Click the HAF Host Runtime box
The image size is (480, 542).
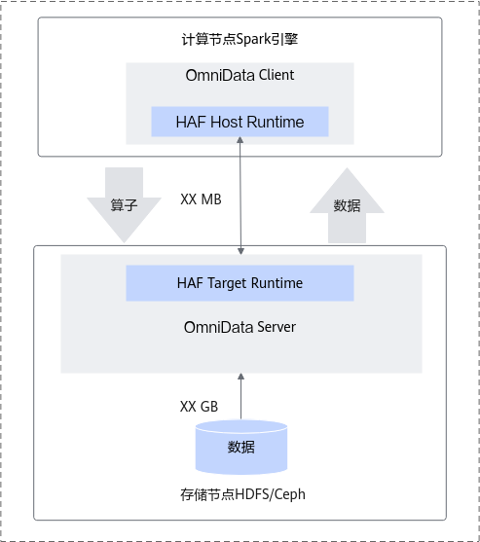pyautogui.click(x=240, y=122)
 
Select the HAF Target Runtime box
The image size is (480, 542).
pyautogui.click(x=240, y=283)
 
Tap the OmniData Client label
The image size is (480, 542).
pyautogui.click(x=240, y=75)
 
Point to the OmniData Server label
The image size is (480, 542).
pyautogui.click(x=240, y=327)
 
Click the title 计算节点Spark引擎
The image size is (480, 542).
pyautogui.click(x=240, y=39)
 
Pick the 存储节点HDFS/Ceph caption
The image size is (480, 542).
pyautogui.click(x=242, y=494)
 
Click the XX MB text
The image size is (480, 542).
pyautogui.click(x=201, y=199)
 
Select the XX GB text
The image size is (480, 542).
pyautogui.click(x=200, y=407)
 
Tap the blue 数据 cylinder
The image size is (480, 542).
pyautogui.click(x=241, y=448)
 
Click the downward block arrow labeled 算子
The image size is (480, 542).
pyautogui.click(x=124, y=204)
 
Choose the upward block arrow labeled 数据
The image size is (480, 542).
pyautogui.click(x=347, y=205)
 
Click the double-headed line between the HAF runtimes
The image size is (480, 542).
pyautogui.click(x=240, y=196)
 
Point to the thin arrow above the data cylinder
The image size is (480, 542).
pyautogui.click(x=241, y=396)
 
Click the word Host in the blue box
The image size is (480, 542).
pyautogui.click(x=227, y=122)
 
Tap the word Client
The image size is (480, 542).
pyautogui.click(x=277, y=75)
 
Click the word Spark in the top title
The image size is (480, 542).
pyautogui.click(x=253, y=39)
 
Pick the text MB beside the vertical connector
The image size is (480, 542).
pyautogui.click(x=211, y=199)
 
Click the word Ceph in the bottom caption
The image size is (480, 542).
pyautogui.click(x=290, y=494)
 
